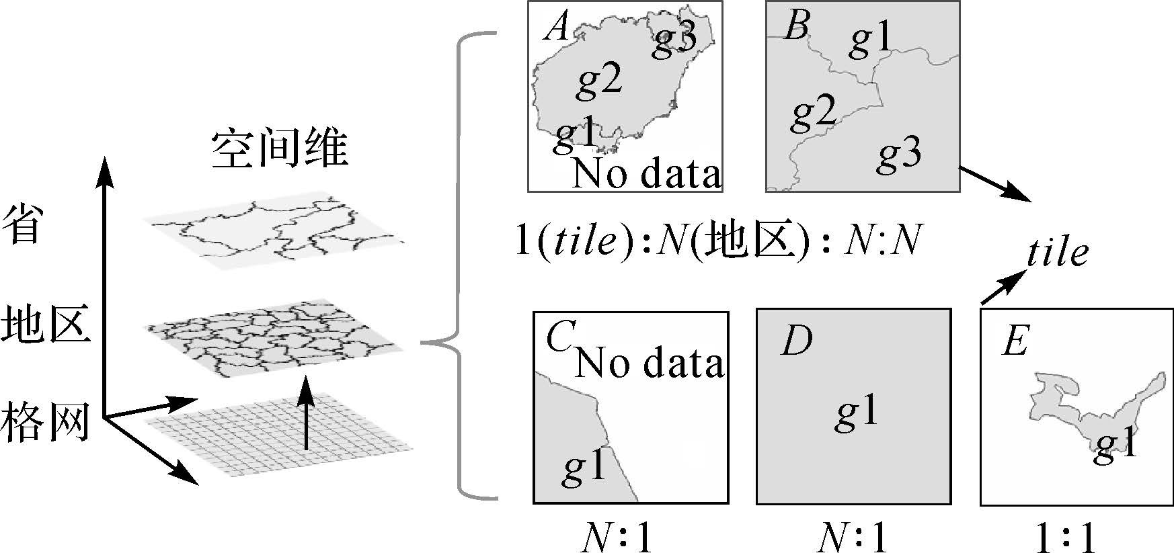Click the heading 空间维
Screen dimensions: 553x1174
pos(280,149)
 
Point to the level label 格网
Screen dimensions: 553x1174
pos(46,421)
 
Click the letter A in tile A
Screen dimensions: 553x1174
pos(557,28)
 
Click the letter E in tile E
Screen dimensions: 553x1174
pos(1015,341)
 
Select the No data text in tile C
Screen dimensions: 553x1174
pos(649,363)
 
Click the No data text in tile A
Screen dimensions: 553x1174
pos(646,173)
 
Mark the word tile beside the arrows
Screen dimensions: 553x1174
pos(1057,253)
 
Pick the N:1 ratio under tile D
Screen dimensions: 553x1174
pos(855,538)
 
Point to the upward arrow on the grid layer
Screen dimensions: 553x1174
pos(306,413)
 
